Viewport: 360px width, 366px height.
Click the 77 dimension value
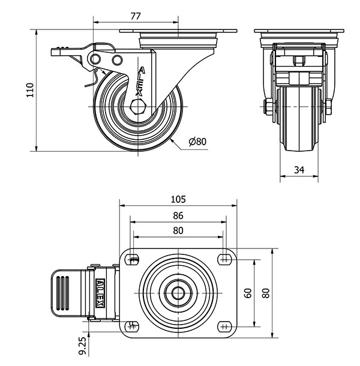click(x=136, y=16)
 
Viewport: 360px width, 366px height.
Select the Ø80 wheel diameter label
click(x=197, y=142)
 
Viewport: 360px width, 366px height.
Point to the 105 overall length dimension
click(x=178, y=199)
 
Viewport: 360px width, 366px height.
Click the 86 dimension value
click(x=178, y=215)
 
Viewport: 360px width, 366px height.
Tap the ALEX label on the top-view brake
click(x=101, y=293)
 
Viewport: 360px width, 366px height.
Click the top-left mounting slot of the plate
click(x=132, y=260)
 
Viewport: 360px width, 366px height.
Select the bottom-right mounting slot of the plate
click(x=224, y=326)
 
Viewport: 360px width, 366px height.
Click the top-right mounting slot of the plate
click(x=224, y=260)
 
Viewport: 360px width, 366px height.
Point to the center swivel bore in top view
click(x=178, y=293)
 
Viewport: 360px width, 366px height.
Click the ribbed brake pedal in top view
click(x=65, y=293)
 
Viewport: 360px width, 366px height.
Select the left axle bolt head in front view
click(x=266, y=108)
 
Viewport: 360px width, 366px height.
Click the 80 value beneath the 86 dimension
click(x=178, y=230)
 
